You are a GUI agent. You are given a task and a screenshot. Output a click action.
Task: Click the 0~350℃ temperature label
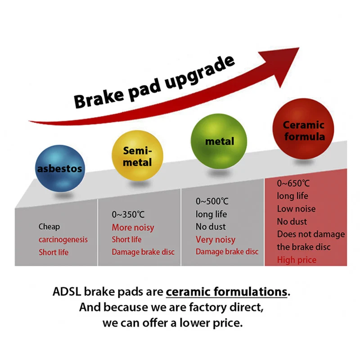tap(128, 215)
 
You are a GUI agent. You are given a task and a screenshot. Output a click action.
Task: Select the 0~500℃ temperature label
tap(212, 201)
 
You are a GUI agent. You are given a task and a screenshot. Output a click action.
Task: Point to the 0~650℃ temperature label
tap(293, 183)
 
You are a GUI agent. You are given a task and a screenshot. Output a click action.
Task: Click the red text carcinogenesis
tap(63, 239)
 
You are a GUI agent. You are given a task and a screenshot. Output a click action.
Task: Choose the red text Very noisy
tap(216, 239)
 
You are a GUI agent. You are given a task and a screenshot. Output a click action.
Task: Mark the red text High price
tap(297, 260)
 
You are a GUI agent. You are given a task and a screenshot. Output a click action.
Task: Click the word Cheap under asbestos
tap(49, 227)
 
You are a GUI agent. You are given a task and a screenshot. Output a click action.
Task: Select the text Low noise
tap(296, 209)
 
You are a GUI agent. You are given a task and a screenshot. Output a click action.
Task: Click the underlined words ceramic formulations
tap(226, 292)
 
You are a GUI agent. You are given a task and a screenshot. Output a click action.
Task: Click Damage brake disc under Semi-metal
tap(143, 252)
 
